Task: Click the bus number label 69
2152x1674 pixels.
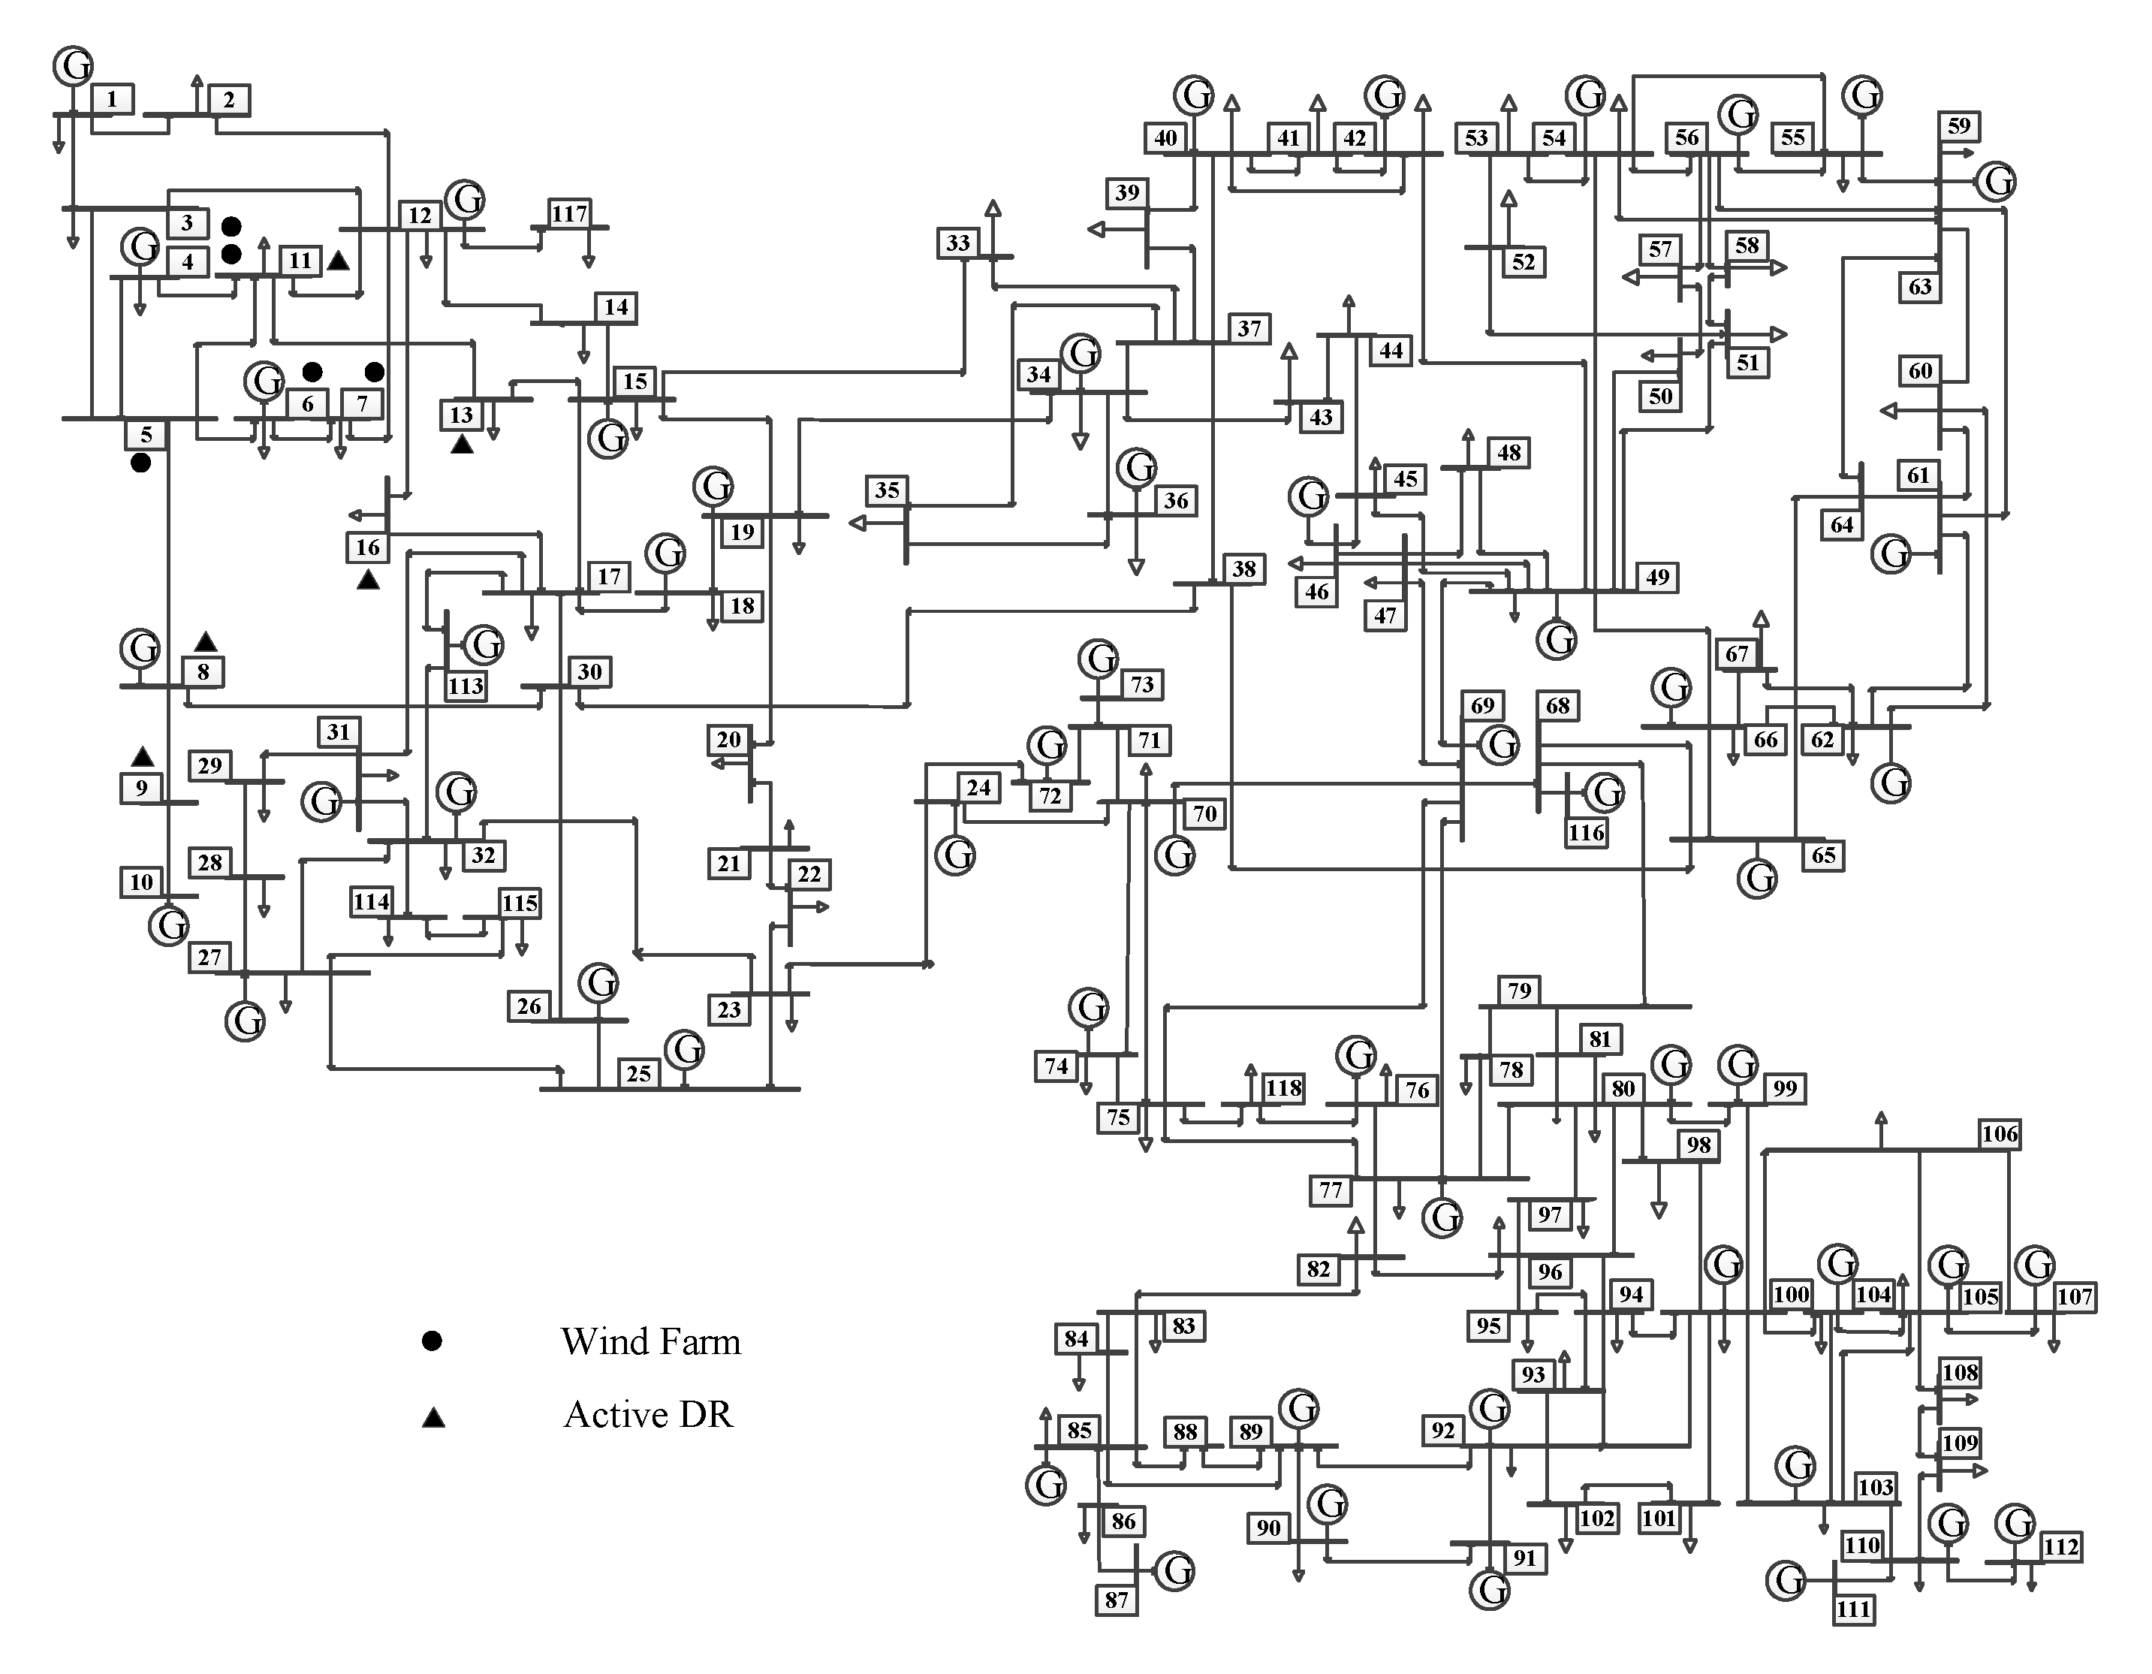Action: pyautogui.click(x=1482, y=705)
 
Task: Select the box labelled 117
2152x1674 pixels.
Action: pyautogui.click(x=569, y=214)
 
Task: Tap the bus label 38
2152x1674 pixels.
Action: pyautogui.click(x=1244, y=569)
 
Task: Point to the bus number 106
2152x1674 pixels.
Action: pyautogui.click(x=2000, y=1134)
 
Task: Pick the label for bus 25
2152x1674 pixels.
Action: pyautogui.click(x=638, y=1074)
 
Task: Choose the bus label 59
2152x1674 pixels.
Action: pyautogui.click(x=1959, y=126)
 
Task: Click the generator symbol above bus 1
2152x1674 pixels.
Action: pyautogui.click(x=72, y=66)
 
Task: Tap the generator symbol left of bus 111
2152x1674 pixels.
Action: pyautogui.click(x=1786, y=1580)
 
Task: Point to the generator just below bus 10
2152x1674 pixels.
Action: pyautogui.click(x=168, y=925)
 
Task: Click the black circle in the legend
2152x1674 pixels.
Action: pyautogui.click(x=432, y=1341)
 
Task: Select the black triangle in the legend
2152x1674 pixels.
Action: pyautogui.click(x=433, y=1418)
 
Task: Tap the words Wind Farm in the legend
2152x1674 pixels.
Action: pyautogui.click(x=650, y=1342)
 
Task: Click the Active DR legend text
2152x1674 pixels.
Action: pyautogui.click(x=648, y=1415)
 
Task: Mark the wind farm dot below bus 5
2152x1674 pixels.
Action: pyautogui.click(x=141, y=462)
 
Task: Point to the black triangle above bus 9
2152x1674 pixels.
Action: pyautogui.click(x=143, y=757)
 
